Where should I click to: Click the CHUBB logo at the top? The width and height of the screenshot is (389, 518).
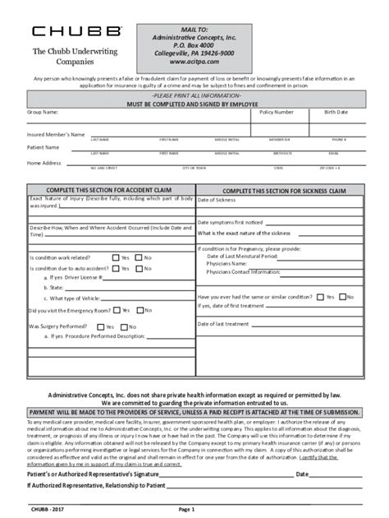pos(77,31)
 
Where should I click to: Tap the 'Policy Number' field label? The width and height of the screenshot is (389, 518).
pos(277,111)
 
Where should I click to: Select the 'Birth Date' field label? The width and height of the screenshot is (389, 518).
pos(336,111)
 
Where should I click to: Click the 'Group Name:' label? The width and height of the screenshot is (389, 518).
pos(43,111)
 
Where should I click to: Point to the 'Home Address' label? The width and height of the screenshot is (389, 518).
pos(44,163)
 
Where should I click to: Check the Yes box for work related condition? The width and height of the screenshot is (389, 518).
pos(116,257)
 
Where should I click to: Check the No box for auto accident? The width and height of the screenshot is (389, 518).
pos(139,268)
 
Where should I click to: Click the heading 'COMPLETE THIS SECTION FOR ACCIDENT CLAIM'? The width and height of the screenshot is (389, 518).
pos(108,190)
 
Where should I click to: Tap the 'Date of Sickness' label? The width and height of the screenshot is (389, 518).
pos(217,200)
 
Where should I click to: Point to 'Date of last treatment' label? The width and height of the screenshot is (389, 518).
pos(223,324)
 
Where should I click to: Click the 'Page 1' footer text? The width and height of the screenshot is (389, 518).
pos(187,510)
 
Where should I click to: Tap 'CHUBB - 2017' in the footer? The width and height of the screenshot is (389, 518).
pos(45,510)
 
